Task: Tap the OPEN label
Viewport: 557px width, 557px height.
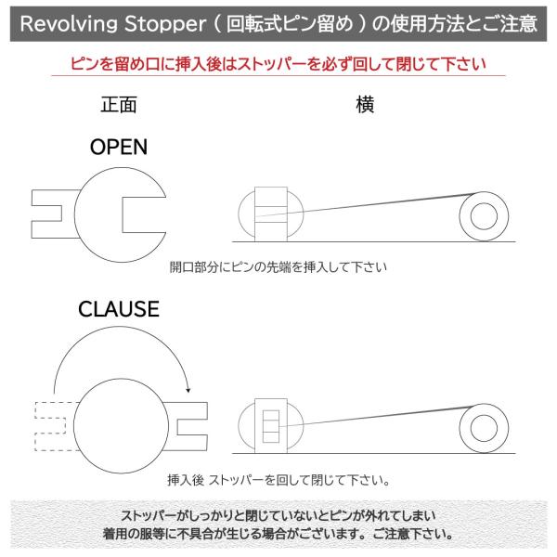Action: pos(118,147)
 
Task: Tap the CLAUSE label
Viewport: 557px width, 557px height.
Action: pos(119,308)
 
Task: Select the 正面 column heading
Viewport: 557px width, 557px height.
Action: pos(118,105)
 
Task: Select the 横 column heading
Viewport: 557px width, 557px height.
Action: pos(365,105)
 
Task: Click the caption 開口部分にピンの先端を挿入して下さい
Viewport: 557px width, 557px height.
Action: pos(278,267)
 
